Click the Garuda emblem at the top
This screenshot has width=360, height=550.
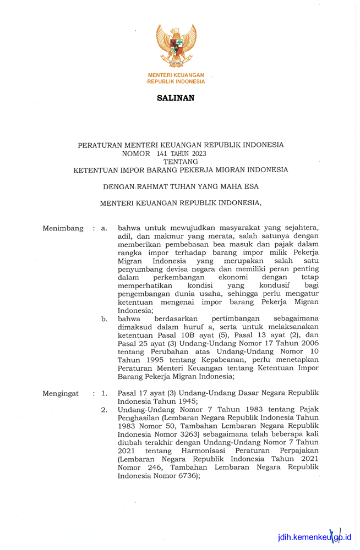pyautogui.click(x=176, y=45)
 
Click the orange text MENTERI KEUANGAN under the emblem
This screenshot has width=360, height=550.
pyautogui.click(x=176, y=75)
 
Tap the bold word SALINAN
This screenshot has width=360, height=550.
pyautogui.click(x=176, y=98)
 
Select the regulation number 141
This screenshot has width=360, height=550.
pyautogui.click(x=161, y=153)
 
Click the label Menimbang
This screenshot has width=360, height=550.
pyautogui.click(x=63, y=228)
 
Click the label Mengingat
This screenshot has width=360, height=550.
pyautogui.click(x=61, y=393)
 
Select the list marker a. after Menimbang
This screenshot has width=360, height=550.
pyautogui.click(x=104, y=228)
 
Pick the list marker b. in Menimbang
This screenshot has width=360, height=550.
pyautogui.click(x=104, y=318)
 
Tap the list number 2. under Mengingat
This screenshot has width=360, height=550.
pyautogui.click(x=105, y=410)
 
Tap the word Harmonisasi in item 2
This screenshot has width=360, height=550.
pyautogui.click(x=201, y=451)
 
